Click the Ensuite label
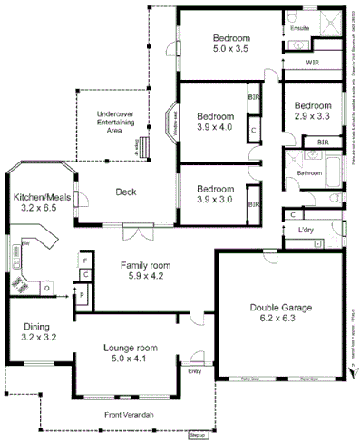299,28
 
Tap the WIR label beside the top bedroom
311,63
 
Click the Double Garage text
280,308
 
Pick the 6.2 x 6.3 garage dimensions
280,320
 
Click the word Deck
126,192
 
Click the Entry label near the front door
195,370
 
